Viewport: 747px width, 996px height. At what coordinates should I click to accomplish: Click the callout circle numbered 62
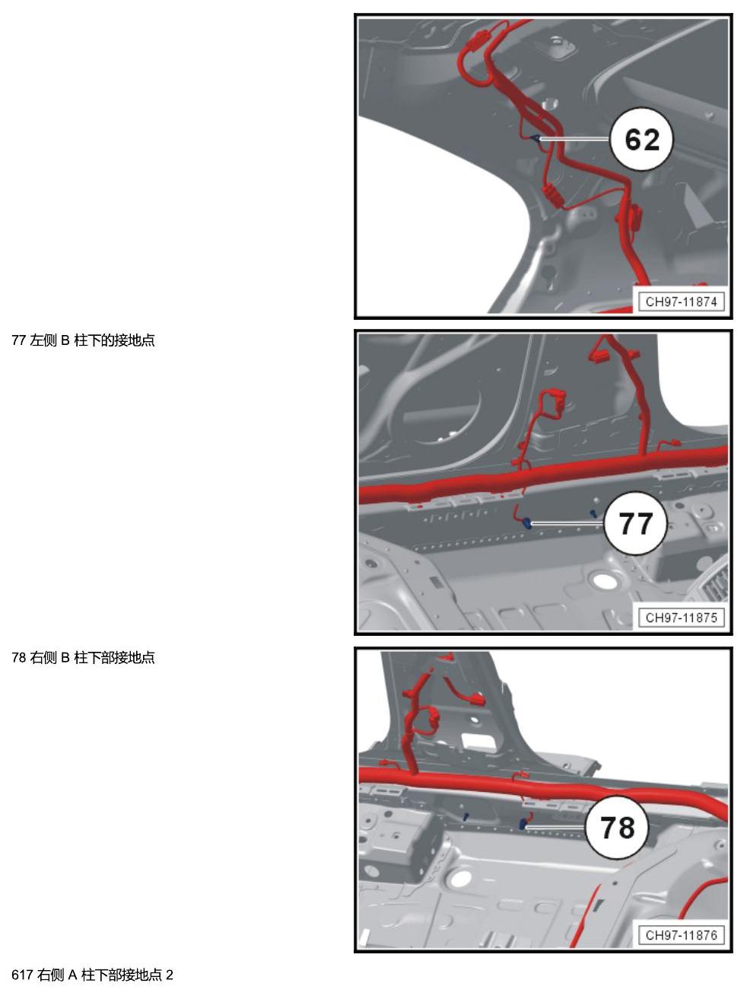coord(641,139)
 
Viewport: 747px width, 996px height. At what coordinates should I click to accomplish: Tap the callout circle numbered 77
coord(635,523)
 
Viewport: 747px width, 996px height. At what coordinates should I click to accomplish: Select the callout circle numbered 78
coord(617,827)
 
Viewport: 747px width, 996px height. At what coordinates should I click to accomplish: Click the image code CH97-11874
coord(682,302)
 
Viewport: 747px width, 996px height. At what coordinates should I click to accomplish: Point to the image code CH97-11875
coord(682,618)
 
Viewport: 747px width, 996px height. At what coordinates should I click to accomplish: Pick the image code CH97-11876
coord(682,935)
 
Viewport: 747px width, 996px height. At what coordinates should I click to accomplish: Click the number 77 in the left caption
coord(18,340)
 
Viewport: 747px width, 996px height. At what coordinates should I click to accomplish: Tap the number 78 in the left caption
coord(18,657)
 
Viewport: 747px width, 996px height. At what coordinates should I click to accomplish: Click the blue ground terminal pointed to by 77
coord(526,523)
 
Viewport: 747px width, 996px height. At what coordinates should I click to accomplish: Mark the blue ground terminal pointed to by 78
coord(523,824)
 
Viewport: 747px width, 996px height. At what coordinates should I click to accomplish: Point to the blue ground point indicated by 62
coord(536,138)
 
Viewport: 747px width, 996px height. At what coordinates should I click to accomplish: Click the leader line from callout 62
coord(575,139)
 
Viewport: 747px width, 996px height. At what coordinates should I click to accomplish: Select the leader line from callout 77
coord(567,523)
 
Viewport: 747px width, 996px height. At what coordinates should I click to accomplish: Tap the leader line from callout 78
coord(556,827)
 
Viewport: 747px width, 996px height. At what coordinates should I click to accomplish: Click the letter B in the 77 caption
coord(65,340)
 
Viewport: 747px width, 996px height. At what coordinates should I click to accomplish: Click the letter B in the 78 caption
coord(65,657)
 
